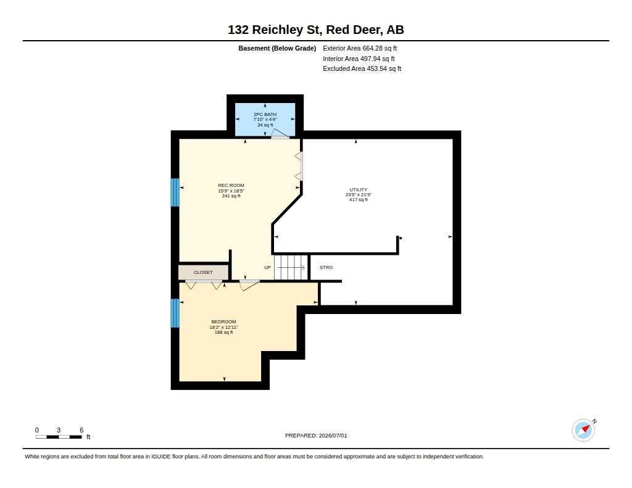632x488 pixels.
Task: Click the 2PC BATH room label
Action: (x=265, y=115)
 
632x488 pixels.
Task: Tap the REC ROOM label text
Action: (x=231, y=185)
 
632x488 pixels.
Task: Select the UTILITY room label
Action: (x=359, y=189)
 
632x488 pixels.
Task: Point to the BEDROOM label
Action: (x=223, y=321)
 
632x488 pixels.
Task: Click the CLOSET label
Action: (x=203, y=273)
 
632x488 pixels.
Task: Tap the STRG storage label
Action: (x=326, y=268)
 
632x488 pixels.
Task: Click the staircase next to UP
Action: (x=291, y=267)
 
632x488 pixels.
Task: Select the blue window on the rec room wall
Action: (x=175, y=192)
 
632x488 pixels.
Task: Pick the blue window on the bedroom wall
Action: (x=175, y=313)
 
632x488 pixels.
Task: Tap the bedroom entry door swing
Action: (x=249, y=285)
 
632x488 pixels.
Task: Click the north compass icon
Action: (x=584, y=430)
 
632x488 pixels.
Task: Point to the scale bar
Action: (x=59, y=437)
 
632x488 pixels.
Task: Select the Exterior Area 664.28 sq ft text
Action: (x=360, y=48)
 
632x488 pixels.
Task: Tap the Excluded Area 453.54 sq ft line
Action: (x=362, y=69)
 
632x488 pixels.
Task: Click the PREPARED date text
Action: (x=316, y=436)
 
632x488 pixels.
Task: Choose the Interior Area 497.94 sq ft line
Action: (x=359, y=59)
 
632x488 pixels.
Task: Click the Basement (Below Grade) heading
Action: (x=277, y=48)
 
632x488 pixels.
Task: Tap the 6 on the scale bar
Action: (x=81, y=430)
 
